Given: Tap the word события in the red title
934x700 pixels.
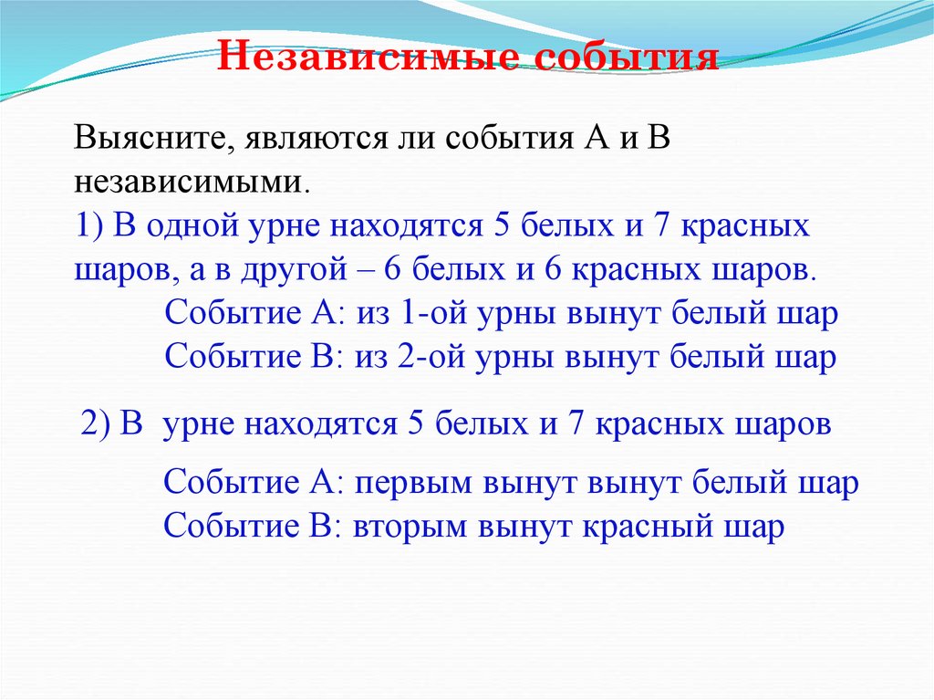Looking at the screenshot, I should point(631,57).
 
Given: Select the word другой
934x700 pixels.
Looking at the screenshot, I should point(331,270).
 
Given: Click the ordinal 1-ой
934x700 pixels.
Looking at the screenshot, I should point(428,314).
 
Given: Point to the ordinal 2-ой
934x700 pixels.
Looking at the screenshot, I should point(428,357).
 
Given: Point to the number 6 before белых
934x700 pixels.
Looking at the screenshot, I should point(419,270).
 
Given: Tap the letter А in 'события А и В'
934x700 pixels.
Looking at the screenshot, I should point(589,141).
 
